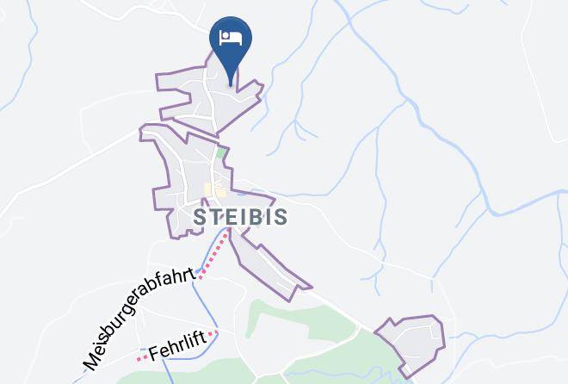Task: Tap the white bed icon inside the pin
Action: point(231,38)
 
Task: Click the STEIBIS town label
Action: point(240,216)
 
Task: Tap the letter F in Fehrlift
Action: point(155,354)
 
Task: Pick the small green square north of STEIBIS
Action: point(220,153)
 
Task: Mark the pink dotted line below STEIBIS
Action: point(216,251)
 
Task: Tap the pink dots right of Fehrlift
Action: point(213,334)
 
